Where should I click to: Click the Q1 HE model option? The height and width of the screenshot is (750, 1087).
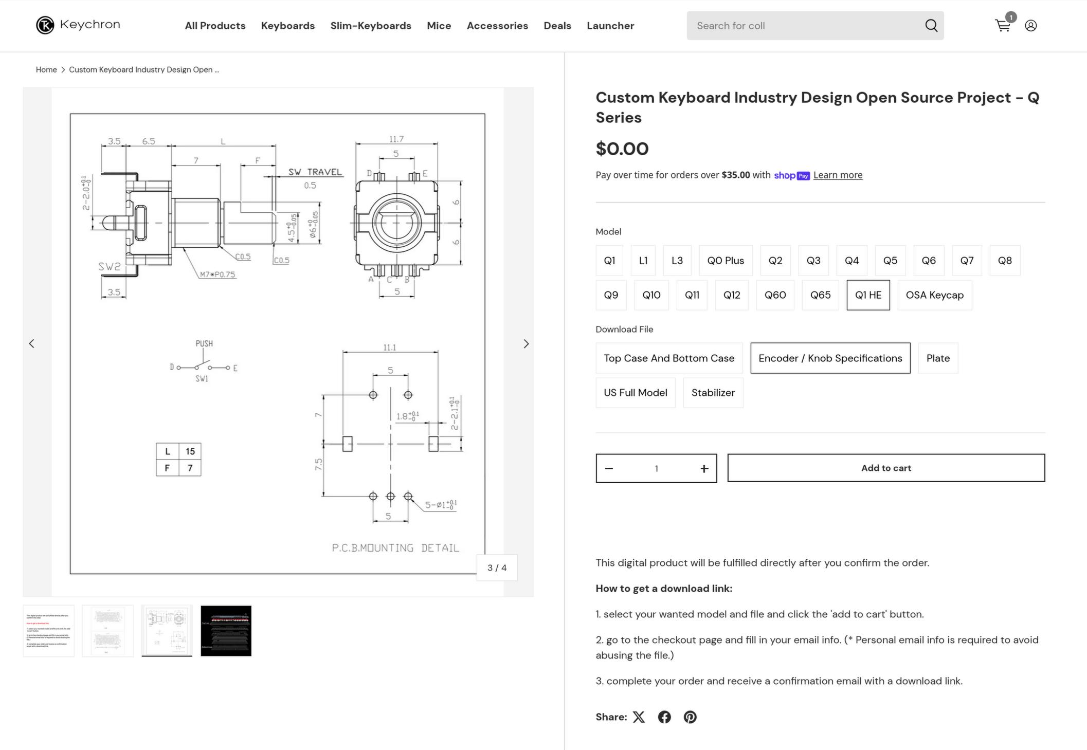pyautogui.click(x=868, y=295)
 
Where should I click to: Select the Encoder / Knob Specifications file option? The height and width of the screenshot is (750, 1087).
pyautogui.click(x=830, y=358)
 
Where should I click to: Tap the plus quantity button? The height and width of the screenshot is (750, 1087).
pyautogui.click(x=704, y=468)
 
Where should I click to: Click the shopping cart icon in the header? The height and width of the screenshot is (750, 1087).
pyautogui.click(x=1002, y=26)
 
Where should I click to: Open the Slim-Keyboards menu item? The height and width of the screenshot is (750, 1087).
pyautogui.click(x=370, y=26)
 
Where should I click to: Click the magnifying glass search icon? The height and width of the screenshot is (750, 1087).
pyautogui.click(x=931, y=26)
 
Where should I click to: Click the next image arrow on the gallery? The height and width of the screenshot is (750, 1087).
pyautogui.click(x=526, y=344)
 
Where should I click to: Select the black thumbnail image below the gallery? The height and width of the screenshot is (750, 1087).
pyautogui.click(x=226, y=631)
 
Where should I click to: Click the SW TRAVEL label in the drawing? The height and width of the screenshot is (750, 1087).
pyautogui.click(x=315, y=172)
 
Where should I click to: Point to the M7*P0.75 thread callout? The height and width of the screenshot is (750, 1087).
pyautogui.click(x=218, y=275)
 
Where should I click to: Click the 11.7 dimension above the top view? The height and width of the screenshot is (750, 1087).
pyautogui.click(x=396, y=139)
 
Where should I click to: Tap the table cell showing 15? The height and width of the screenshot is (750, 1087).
pyautogui.click(x=190, y=451)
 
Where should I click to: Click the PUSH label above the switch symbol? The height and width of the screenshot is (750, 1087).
pyautogui.click(x=204, y=343)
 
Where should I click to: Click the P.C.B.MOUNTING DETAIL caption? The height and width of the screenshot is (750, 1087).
pyautogui.click(x=395, y=548)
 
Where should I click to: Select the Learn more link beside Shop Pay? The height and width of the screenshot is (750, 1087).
pyautogui.click(x=838, y=175)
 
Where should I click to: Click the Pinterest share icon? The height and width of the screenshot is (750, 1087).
pyautogui.click(x=690, y=717)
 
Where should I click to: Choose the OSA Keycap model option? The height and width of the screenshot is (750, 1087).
pyautogui.click(x=934, y=295)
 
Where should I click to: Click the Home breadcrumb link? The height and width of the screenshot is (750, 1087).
pyautogui.click(x=46, y=70)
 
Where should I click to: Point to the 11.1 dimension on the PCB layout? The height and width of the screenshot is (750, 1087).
pyautogui.click(x=389, y=348)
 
